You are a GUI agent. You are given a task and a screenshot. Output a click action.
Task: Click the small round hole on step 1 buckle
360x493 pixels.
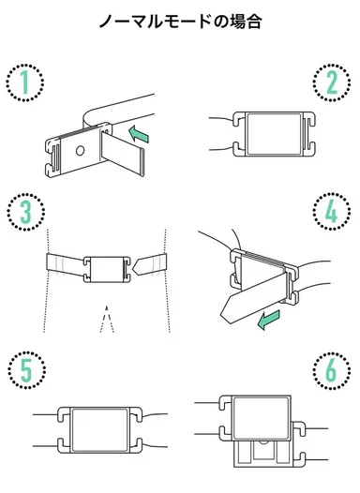point(80,150)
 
